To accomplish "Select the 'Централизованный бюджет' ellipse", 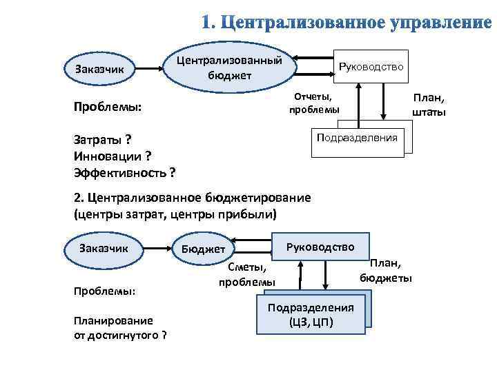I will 230,68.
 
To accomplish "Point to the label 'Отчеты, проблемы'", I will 314,103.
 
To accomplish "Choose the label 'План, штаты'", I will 429,105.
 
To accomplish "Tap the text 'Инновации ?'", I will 113,156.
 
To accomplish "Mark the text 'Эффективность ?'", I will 124,172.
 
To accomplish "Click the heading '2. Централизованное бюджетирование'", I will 192,198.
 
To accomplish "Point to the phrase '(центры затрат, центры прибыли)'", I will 175,214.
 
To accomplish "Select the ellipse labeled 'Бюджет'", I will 203,248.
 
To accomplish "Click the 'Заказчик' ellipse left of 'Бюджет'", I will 104,247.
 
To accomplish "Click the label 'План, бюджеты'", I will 386,270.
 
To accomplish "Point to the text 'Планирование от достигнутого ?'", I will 119,327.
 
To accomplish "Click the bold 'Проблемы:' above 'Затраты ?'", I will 107,108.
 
